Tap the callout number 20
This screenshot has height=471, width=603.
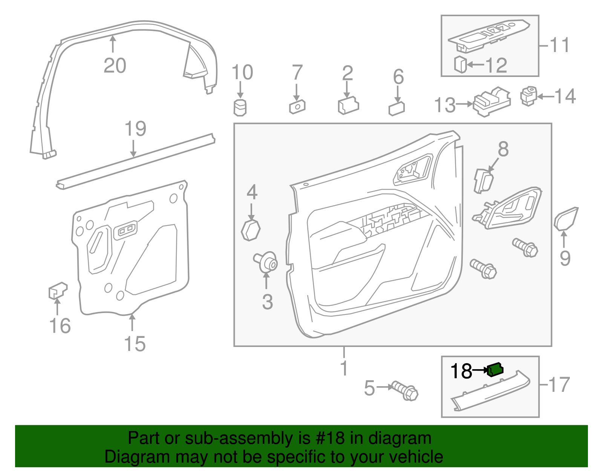115,66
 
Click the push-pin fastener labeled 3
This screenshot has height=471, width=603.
267,262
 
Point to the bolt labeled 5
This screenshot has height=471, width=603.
405,391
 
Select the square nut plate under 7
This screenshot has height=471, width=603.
297,107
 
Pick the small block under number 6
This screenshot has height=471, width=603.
396,109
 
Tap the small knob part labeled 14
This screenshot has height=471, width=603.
528,96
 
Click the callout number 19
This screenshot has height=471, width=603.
135,129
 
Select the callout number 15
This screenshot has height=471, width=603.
135,344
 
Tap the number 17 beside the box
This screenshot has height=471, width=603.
559,385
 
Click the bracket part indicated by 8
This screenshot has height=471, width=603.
484,181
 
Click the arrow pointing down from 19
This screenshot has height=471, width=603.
133,149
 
